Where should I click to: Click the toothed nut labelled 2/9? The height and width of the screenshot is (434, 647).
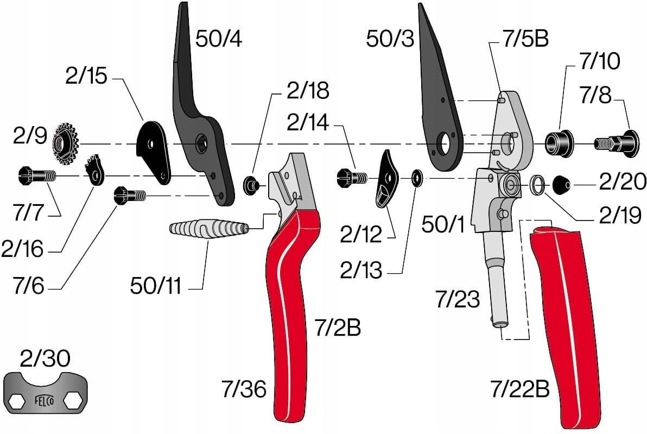click(x=66, y=144)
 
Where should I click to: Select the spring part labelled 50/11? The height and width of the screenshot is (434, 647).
click(x=209, y=228)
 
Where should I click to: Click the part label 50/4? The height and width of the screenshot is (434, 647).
click(x=218, y=39)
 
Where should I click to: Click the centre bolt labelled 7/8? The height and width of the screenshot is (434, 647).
click(x=617, y=143)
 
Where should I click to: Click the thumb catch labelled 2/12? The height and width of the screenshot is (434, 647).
click(x=386, y=179)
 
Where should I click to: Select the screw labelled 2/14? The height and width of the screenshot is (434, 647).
click(x=352, y=178)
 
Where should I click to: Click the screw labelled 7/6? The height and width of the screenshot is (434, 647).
click(x=129, y=194)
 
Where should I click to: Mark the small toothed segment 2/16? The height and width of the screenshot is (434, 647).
click(x=95, y=171)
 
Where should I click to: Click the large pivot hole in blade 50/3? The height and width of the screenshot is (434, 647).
click(x=443, y=143)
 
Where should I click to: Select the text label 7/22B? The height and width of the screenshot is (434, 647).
click(x=519, y=388)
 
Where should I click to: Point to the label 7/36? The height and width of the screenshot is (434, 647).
click(x=244, y=388)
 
